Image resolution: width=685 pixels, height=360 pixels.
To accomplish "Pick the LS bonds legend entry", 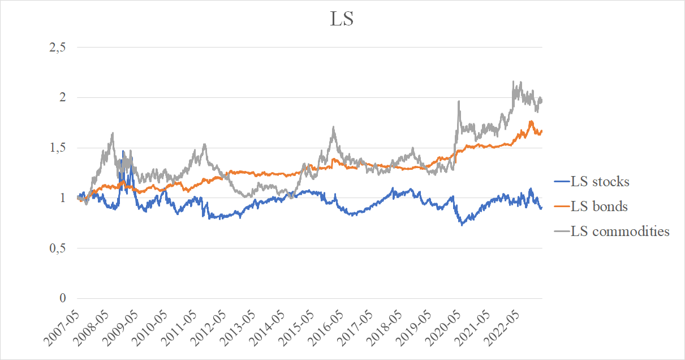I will (x=599, y=207).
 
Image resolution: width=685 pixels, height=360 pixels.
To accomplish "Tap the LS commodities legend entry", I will (x=620, y=231).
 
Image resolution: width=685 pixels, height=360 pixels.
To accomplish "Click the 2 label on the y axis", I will (x=63, y=97).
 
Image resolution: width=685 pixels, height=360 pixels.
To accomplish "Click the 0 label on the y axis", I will (x=63, y=298).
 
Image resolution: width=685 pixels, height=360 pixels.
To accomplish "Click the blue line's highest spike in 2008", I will (x=123, y=151).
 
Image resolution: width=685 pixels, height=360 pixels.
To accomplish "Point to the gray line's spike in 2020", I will (x=459, y=102).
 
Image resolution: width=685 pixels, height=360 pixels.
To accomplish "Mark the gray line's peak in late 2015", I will (x=334, y=127).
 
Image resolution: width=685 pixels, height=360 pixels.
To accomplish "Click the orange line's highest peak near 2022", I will (x=531, y=121).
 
